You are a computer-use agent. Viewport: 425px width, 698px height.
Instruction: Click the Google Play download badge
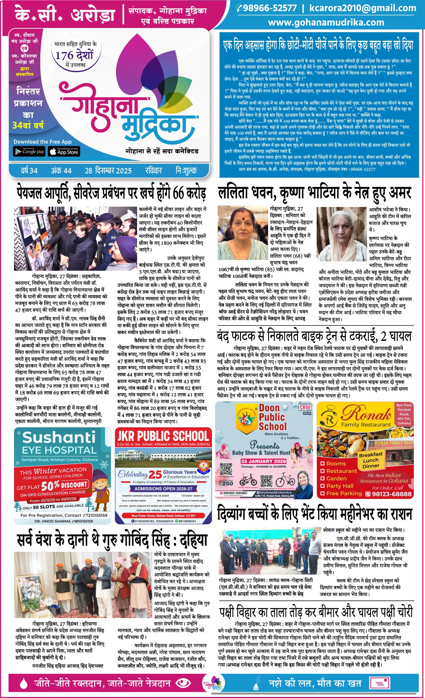pos(29,152)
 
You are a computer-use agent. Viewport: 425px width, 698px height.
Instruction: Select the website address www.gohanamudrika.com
pos(326,22)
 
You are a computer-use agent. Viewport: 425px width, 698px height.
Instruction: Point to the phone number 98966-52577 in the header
pos(269,8)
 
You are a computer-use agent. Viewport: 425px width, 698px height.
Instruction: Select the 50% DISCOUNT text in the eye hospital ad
pos(65,486)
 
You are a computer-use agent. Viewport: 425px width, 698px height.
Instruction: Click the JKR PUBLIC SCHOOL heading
pos(163,436)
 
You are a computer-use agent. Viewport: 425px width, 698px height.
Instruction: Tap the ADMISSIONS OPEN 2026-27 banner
pos(163,488)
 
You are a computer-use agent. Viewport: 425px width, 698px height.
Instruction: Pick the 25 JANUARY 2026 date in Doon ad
pos(263,461)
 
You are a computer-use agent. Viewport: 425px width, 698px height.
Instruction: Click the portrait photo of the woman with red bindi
pos(243,233)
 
